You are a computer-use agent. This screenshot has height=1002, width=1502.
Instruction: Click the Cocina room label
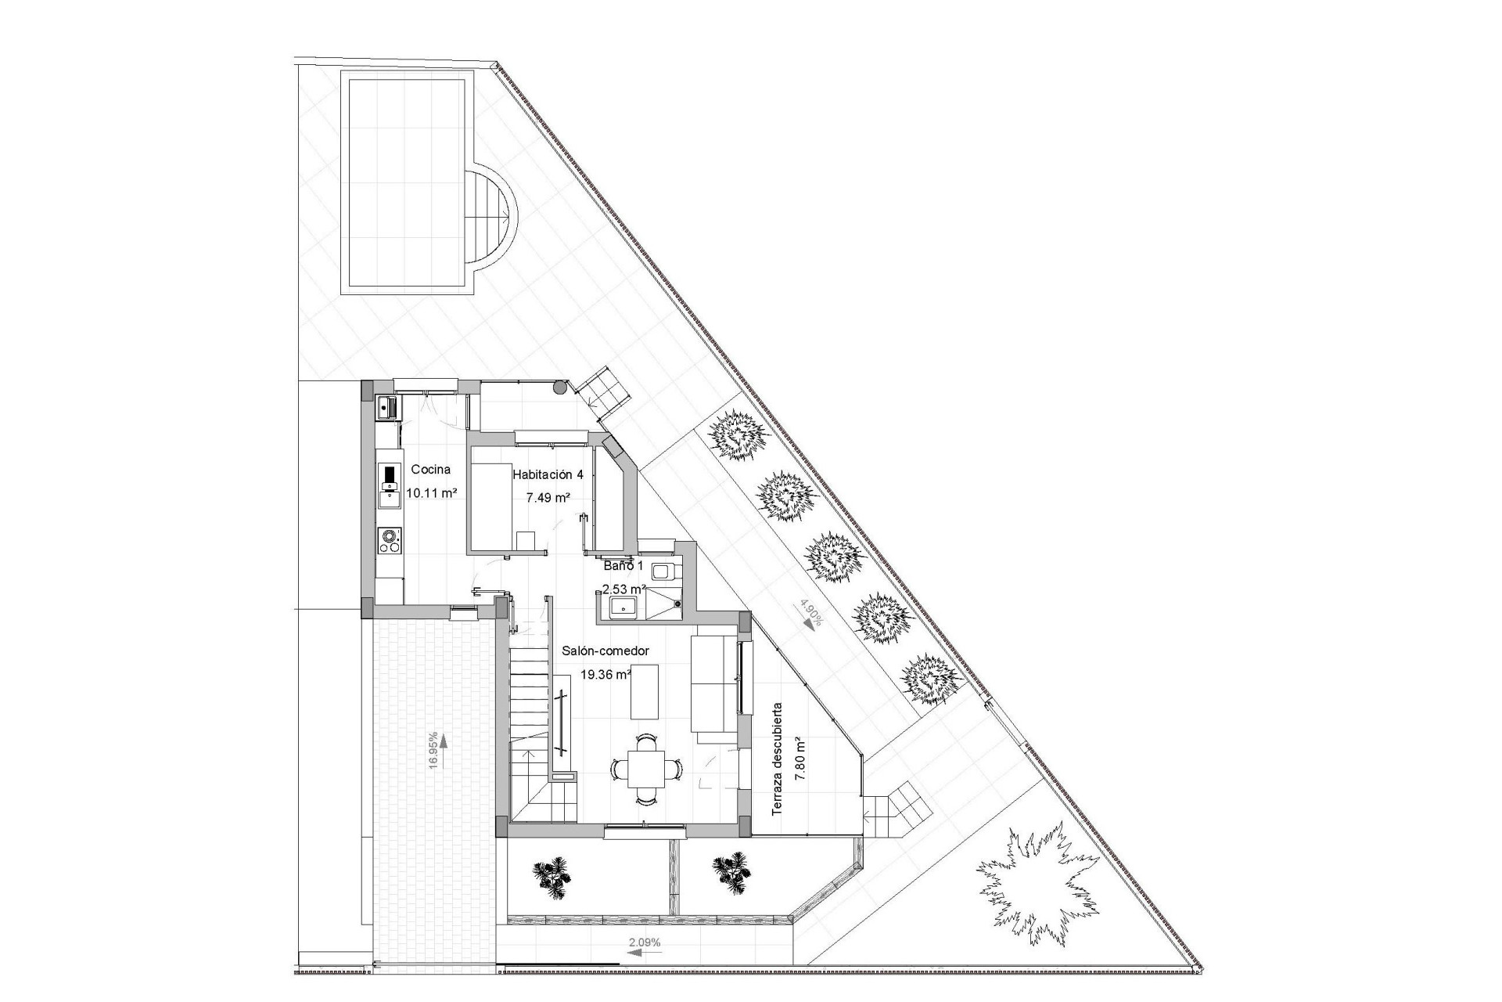pyautogui.click(x=430, y=470)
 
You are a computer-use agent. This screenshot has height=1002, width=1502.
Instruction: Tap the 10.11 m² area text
pyautogui.click(x=431, y=493)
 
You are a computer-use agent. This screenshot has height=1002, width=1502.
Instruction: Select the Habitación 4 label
pyautogui.click(x=548, y=474)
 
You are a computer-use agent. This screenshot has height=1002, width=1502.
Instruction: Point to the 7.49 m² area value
pyautogui.click(x=548, y=497)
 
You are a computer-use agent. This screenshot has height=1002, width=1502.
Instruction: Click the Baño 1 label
pyautogui.click(x=623, y=565)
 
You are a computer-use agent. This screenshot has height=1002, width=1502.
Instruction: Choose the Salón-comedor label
pyautogui.click(x=605, y=651)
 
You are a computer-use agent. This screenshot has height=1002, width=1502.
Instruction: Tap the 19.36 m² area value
pyautogui.click(x=605, y=673)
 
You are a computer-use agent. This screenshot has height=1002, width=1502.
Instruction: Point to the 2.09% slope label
pyautogui.click(x=645, y=943)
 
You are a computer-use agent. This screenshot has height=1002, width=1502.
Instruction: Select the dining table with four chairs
pyautogui.click(x=646, y=769)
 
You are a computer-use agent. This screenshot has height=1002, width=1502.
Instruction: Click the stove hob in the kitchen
pyautogui.click(x=389, y=540)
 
